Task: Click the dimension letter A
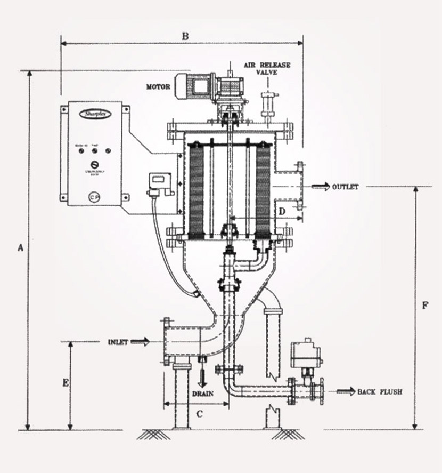21,247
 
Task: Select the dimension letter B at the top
185,36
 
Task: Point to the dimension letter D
283,211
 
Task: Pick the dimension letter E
65,383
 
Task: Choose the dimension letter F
424,306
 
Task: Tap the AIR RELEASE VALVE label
268,68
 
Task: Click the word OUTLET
346,187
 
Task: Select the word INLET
118,342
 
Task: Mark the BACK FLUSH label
380,392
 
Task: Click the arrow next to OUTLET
321,187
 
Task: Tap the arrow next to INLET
140,341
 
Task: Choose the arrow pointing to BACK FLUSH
345,392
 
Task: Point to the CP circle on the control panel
94,196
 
